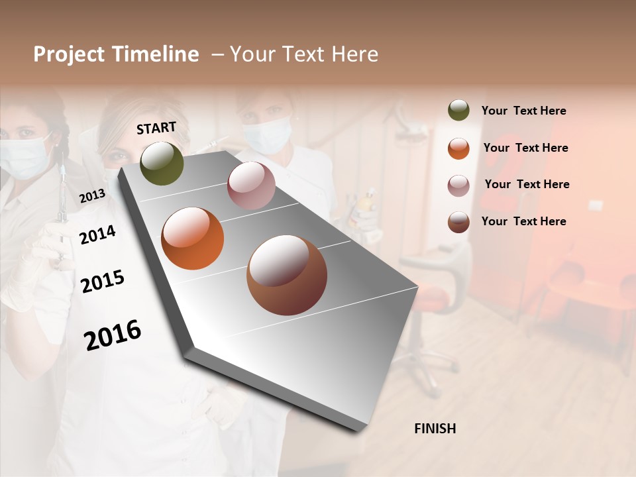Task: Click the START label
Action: pyautogui.click(x=156, y=128)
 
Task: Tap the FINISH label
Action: pyautogui.click(x=435, y=429)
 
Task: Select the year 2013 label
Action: pyautogui.click(x=92, y=196)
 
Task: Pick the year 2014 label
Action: pyautogui.click(x=97, y=235)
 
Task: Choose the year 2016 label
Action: pyautogui.click(x=113, y=335)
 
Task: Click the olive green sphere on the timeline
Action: pyautogui.click(x=162, y=163)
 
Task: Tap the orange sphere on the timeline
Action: pyautogui.click(x=192, y=238)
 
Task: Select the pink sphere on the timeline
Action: pyautogui.click(x=251, y=185)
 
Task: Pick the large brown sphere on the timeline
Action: pyautogui.click(x=287, y=275)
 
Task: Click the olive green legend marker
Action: pyautogui.click(x=458, y=111)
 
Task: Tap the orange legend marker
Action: pyautogui.click(x=458, y=148)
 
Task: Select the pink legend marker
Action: pyautogui.click(x=458, y=185)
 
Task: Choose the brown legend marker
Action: pyautogui.click(x=458, y=222)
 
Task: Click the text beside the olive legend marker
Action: pyautogui.click(x=523, y=111)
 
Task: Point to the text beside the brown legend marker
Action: pyautogui.click(x=523, y=221)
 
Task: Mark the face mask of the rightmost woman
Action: pyautogui.click(x=266, y=134)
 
